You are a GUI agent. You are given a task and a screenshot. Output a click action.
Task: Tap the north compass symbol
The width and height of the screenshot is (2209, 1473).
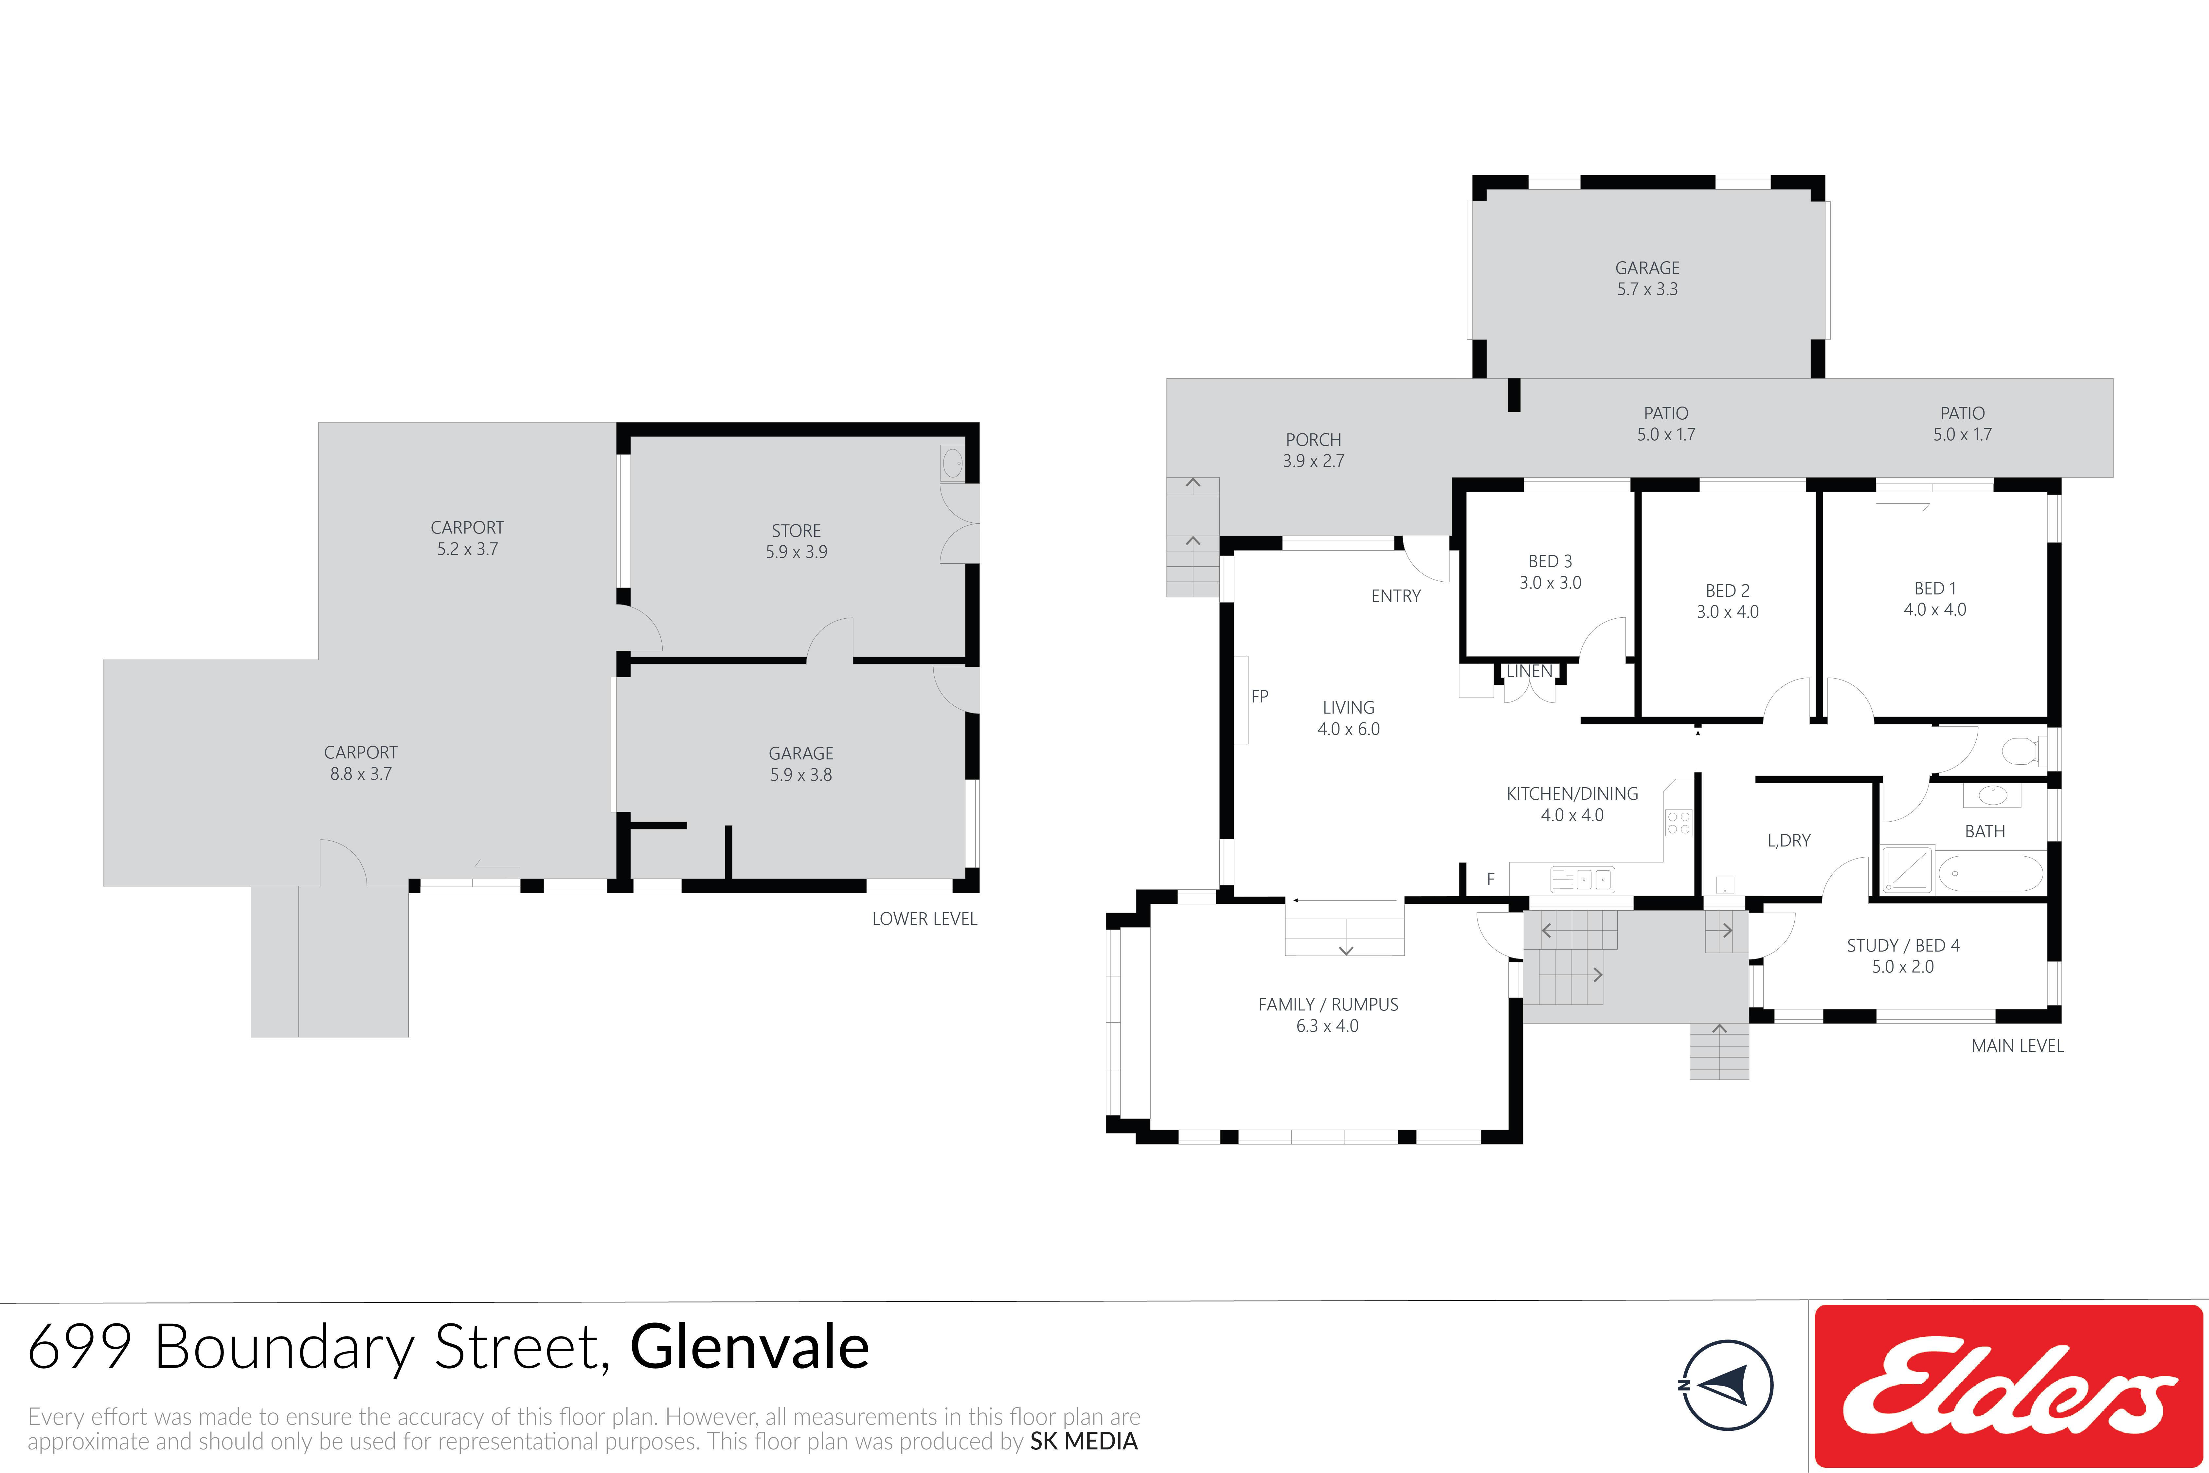[x=1726, y=1385]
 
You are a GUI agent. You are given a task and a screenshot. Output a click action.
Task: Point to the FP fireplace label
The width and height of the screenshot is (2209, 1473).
[x=1260, y=696]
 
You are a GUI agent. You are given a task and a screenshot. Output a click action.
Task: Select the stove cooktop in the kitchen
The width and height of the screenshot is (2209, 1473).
[x=1679, y=823]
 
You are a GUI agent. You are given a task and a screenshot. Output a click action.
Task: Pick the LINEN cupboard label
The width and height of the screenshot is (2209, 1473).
[x=1529, y=671]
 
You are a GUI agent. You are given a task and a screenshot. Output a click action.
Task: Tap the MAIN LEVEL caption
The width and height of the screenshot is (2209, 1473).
[x=2018, y=1046]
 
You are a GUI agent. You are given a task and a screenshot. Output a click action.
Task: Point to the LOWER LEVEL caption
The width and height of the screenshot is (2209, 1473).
[x=924, y=919]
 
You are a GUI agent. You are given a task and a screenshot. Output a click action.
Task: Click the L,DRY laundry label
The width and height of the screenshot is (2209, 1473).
[x=1788, y=841]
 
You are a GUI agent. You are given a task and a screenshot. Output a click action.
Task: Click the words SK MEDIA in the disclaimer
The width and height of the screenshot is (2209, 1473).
[x=1084, y=1441]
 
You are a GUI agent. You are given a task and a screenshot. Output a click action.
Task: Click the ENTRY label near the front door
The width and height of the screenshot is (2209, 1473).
[x=1396, y=596]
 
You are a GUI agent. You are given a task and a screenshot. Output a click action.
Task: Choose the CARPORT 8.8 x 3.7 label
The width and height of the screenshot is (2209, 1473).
[x=361, y=763]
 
